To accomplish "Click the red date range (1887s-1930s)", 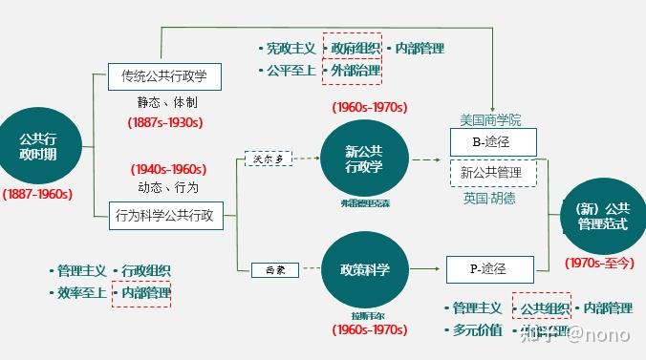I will [x=164, y=122].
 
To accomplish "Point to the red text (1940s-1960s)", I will [x=168, y=169].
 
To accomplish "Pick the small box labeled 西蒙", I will [x=269, y=270].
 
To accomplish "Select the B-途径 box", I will [x=492, y=142].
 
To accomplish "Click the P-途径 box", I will [x=489, y=270].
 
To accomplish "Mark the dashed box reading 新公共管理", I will [x=492, y=173].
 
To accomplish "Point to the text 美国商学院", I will [x=491, y=119].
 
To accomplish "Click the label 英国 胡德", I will [x=489, y=199].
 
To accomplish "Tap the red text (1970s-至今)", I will [x=598, y=262].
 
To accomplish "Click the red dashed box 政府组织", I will [x=355, y=48].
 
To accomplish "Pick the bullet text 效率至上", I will [x=81, y=292].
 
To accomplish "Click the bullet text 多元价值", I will [x=477, y=330].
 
